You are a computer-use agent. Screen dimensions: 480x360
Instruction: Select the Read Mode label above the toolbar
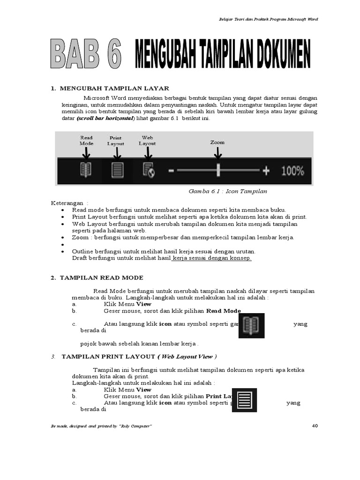(86, 141)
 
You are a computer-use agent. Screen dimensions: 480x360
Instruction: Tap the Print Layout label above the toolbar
(116, 141)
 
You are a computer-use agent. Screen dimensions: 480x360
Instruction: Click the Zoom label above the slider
(217, 142)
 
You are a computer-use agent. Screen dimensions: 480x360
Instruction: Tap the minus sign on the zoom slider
(171, 171)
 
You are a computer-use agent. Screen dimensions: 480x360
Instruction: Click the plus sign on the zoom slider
(266, 171)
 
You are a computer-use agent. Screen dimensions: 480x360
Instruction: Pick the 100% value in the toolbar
(292, 171)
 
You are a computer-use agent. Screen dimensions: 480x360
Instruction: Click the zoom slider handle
(218, 171)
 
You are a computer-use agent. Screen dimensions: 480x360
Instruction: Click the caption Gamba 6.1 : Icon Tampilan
(228, 191)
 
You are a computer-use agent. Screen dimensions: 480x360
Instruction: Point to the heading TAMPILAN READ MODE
(101, 278)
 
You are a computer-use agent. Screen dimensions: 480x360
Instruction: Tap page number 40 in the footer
(315, 426)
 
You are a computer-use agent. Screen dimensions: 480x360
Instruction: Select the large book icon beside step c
(251, 326)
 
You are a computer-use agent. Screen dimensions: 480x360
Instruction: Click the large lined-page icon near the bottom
(244, 400)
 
